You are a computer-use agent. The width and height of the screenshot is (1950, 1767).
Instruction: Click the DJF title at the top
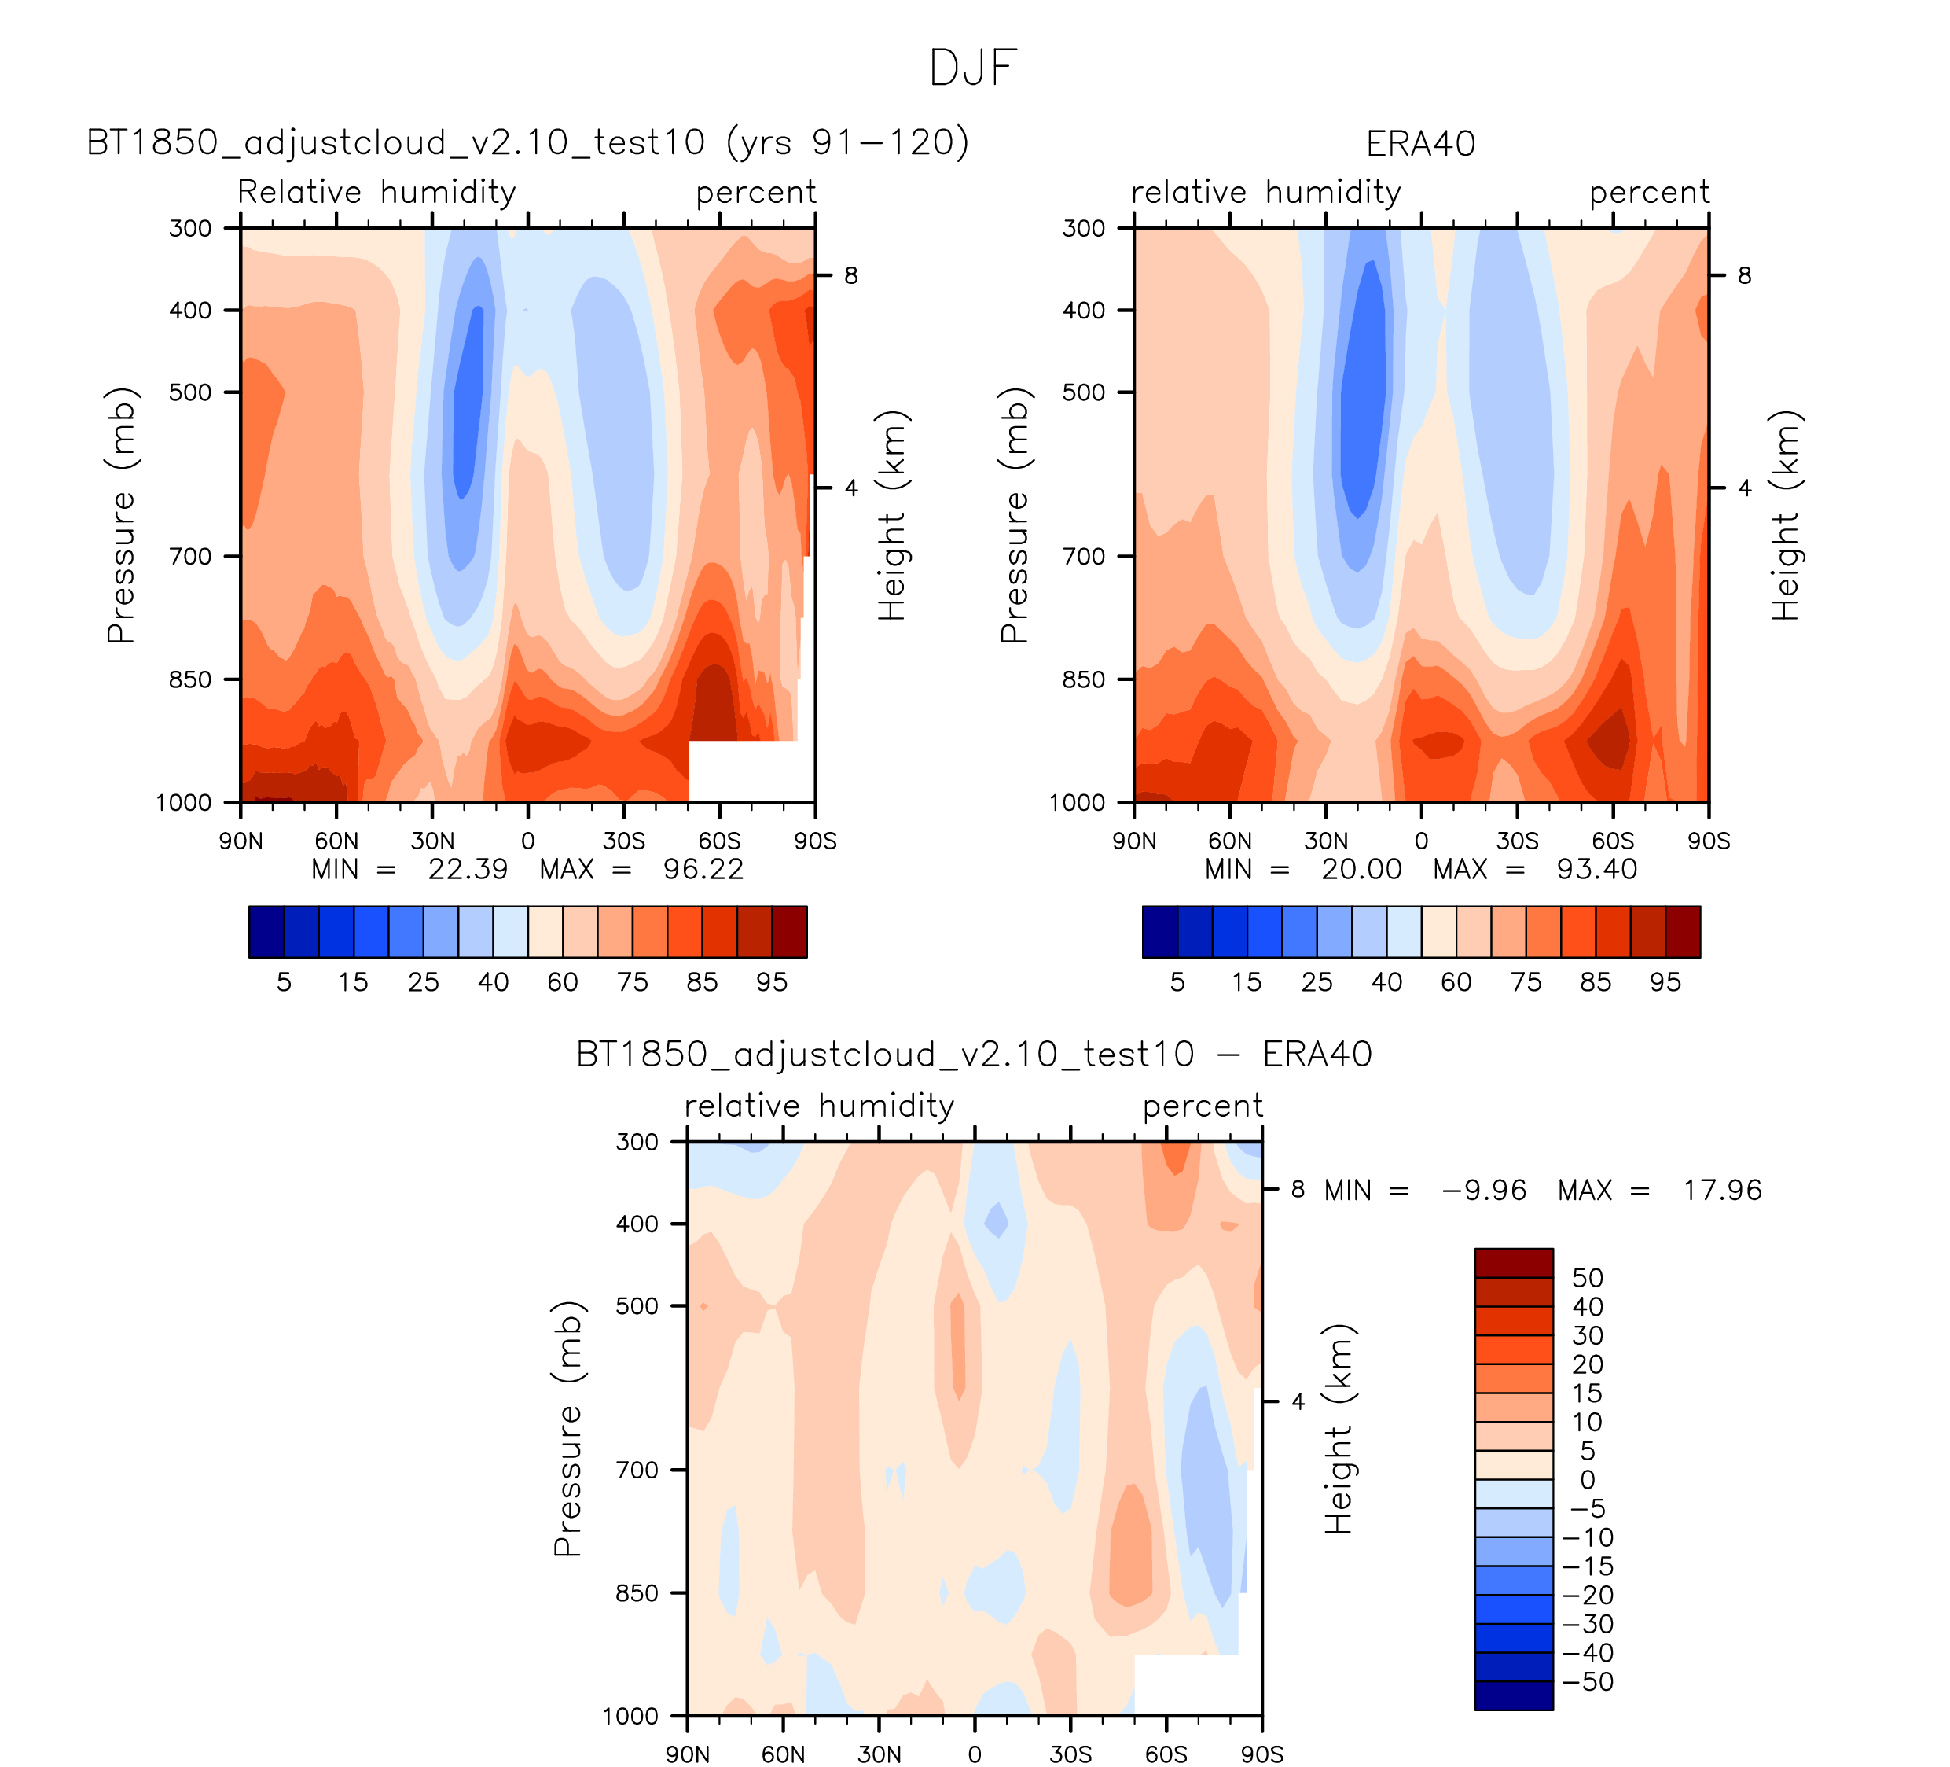point(973,68)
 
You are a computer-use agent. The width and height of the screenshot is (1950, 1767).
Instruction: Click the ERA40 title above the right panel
point(1420,144)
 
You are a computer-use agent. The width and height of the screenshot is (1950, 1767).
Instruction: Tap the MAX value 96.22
point(703,869)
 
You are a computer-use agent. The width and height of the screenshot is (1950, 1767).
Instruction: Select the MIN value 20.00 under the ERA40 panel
point(1361,869)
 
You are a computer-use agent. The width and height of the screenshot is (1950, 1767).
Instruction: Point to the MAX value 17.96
point(1722,1191)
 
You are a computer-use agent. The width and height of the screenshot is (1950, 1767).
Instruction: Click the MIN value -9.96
point(1484,1191)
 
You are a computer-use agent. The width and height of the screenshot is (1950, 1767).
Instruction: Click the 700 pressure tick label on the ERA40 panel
point(1083,557)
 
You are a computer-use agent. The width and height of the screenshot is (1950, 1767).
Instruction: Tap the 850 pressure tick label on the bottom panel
point(637,1592)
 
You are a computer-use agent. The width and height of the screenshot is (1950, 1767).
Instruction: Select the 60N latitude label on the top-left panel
point(336,841)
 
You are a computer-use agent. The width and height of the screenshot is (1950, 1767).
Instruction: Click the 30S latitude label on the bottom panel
point(1070,1754)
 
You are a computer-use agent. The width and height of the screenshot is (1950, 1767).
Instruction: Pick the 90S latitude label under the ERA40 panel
point(1708,841)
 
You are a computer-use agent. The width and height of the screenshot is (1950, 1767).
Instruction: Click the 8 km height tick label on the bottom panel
point(1298,1189)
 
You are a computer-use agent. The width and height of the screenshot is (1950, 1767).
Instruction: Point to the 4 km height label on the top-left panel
point(851,488)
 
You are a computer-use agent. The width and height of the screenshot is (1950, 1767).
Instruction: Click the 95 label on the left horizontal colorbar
point(772,982)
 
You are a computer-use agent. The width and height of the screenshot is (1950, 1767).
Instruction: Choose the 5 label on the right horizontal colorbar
point(1177,982)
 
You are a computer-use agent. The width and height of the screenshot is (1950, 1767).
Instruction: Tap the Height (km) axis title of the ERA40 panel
point(1786,516)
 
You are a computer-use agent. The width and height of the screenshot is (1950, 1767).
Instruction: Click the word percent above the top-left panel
point(755,193)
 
